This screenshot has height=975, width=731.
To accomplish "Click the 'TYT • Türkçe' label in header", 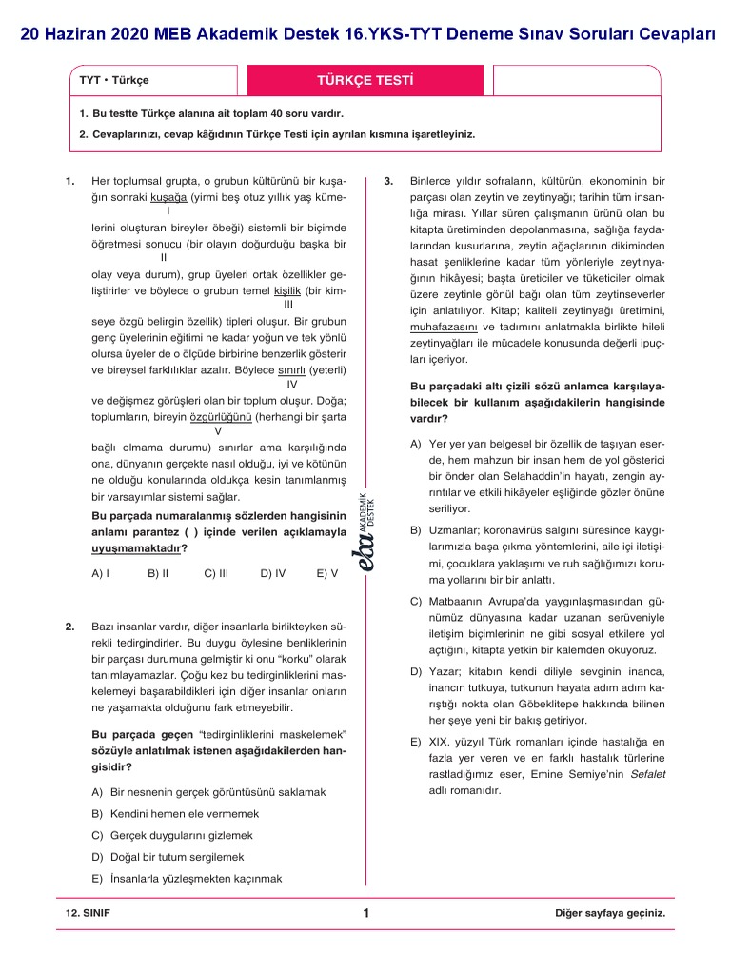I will pyautogui.click(x=114, y=81).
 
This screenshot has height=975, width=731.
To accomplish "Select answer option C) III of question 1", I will pyautogui.click(x=216, y=573).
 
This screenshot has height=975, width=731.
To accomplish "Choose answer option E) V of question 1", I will pyautogui.click(x=326, y=573).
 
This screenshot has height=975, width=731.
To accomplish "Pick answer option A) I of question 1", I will pyautogui.click(x=100, y=573).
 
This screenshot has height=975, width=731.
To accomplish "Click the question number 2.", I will pyautogui.click(x=70, y=627).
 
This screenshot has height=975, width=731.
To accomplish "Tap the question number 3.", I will pyautogui.click(x=388, y=180).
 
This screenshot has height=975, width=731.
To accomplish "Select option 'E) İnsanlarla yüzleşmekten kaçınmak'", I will pyautogui.click(x=187, y=879).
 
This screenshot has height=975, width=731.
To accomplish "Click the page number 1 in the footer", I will pyautogui.click(x=365, y=914).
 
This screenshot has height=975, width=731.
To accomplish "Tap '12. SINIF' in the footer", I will pyautogui.click(x=88, y=913).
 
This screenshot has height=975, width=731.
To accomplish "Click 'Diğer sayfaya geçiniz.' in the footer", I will pyautogui.click(x=609, y=913).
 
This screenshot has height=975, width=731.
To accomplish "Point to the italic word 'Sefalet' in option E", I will pyautogui.click(x=647, y=774).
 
